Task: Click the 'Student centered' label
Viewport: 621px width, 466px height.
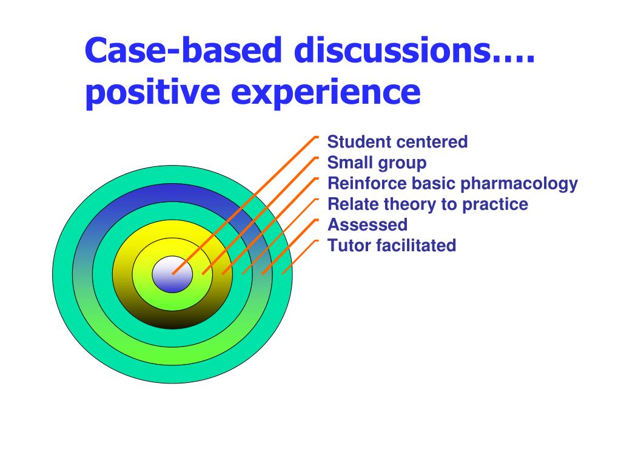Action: tap(397, 142)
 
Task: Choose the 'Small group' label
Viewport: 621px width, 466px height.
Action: tap(377, 163)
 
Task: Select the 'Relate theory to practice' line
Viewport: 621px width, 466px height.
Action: tap(428, 204)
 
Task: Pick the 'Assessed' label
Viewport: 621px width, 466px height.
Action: tap(368, 225)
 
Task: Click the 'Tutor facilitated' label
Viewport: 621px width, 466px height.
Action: tap(391, 245)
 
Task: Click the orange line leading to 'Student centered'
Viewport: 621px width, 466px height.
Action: tap(243, 206)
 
